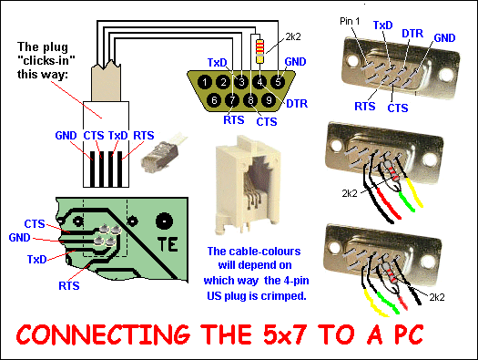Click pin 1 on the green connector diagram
205,82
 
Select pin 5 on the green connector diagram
278,82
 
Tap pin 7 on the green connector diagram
232,100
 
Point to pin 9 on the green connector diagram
269,100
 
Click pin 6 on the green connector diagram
214,100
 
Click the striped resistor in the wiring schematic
259,51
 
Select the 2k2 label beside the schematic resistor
293,37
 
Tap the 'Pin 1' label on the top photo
350,21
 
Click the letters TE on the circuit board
168,244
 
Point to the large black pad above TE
164,221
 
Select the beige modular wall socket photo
247,185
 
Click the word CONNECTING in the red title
103,334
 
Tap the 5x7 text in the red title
284,334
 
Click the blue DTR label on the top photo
412,33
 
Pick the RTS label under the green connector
234,120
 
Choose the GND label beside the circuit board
19,238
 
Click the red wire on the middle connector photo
389,203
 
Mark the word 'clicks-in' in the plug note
46,61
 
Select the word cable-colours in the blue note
254,252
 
